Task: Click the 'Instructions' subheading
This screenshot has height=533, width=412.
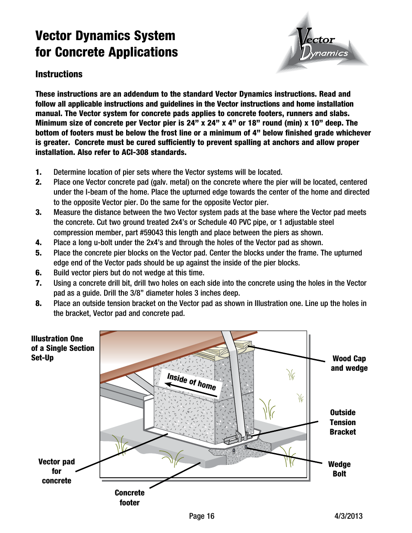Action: click(x=59, y=74)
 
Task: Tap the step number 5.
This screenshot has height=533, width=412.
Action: click(x=38, y=253)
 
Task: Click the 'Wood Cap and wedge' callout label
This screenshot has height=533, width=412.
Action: click(x=349, y=363)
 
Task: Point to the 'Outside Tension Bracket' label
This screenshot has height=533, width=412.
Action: click(x=342, y=422)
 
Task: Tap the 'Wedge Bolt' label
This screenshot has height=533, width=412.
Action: click(x=339, y=469)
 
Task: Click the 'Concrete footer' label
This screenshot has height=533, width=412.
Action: click(x=130, y=498)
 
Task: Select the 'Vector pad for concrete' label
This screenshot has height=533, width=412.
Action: click(x=57, y=471)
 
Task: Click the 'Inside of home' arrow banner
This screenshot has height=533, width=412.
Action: click(x=191, y=382)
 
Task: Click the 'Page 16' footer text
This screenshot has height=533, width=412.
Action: click(x=201, y=516)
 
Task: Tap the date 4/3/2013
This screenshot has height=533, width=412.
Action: click(x=349, y=516)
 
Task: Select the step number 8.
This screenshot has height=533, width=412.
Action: click(x=38, y=303)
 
